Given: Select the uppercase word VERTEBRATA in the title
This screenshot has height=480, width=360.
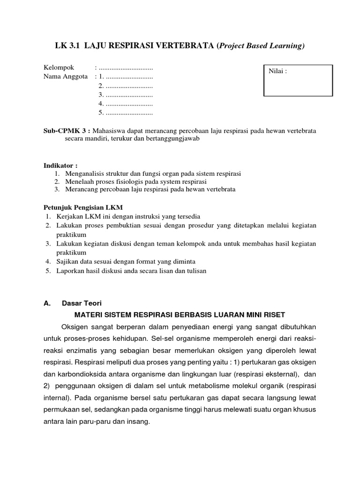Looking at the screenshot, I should [x=187, y=45].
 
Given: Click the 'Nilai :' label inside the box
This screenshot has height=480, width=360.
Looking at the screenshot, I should [x=277, y=71].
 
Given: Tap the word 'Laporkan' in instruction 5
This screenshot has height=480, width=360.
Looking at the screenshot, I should [x=69, y=271].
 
